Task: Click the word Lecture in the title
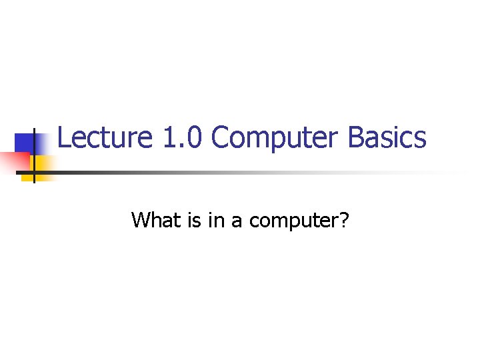(106, 138)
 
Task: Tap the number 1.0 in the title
(183, 138)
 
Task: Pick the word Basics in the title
(387, 138)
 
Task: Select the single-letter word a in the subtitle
(237, 221)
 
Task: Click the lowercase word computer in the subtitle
(292, 221)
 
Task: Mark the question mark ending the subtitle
(343, 219)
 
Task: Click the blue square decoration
(28, 143)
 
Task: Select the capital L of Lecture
(64, 137)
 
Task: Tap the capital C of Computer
(220, 138)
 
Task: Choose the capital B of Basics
(356, 138)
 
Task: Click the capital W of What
(142, 219)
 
